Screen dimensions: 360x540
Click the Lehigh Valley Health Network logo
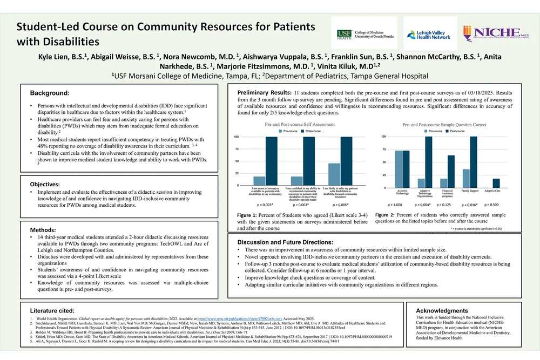click(x=428, y=33)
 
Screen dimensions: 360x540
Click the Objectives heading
click(x=49, y=184)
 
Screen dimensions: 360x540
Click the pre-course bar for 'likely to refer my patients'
click(x=334, y=174)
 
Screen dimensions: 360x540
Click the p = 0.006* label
click(x=341, y=205)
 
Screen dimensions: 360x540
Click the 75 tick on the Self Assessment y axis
click(x=236, y=149)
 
